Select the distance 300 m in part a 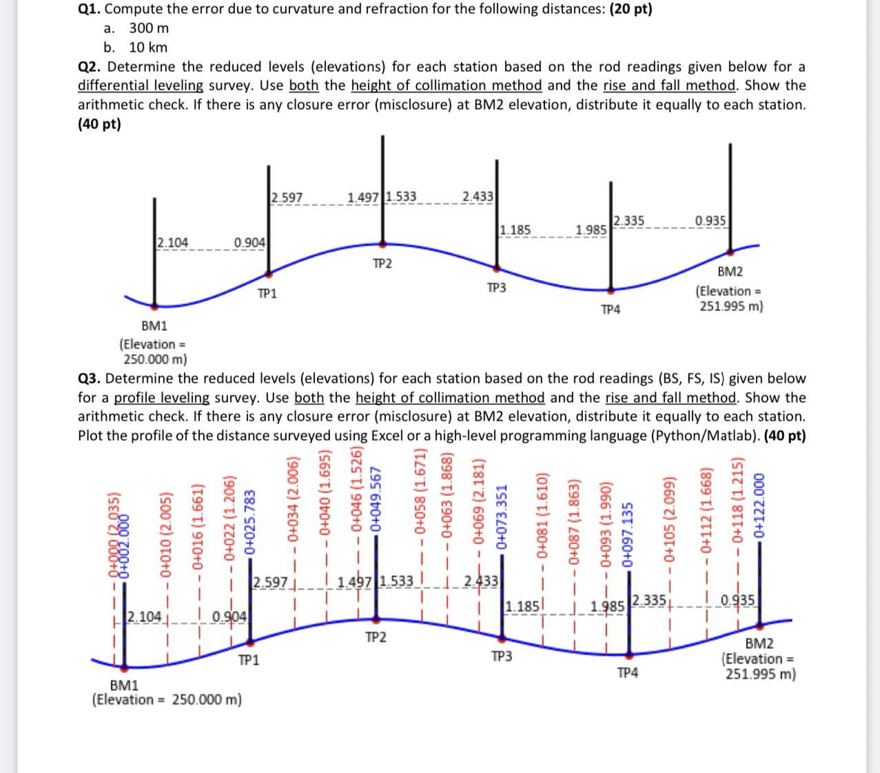pos(149,28)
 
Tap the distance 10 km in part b pos(148,48)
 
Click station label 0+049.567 pos(376,500)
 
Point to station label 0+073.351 pos(502,514)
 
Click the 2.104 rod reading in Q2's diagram pos(172,243)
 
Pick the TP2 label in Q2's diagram pos(382,264)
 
